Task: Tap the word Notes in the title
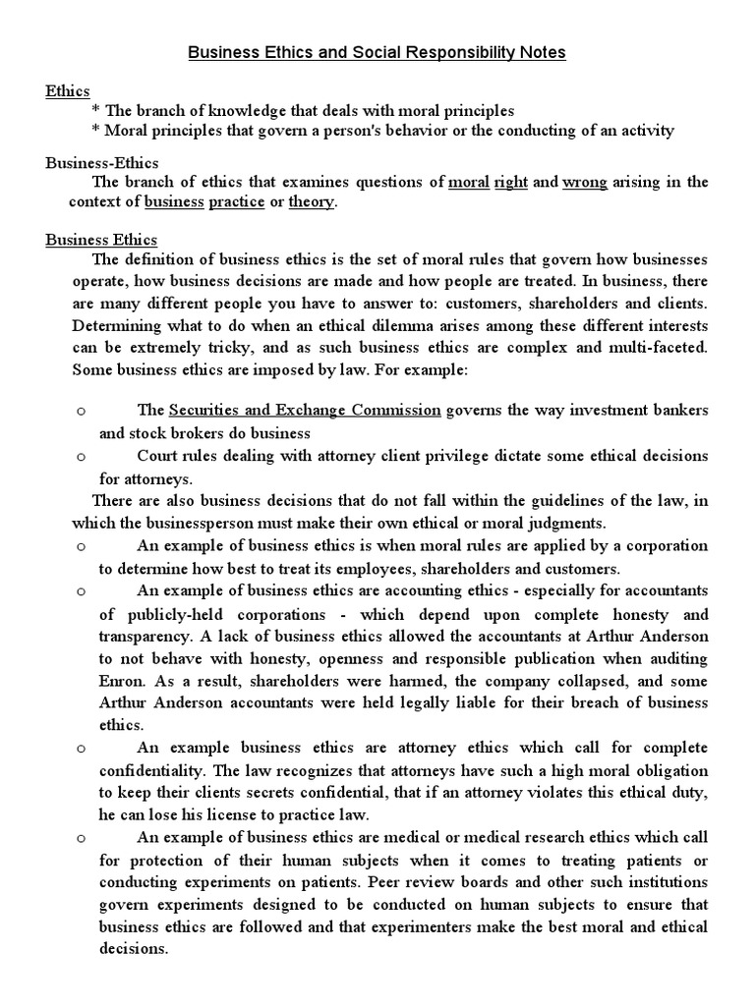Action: [541, 52]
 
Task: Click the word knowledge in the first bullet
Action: [231, 111]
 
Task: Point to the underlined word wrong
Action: [584, 182]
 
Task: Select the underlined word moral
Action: [468, 182]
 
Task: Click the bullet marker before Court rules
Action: [82, 457]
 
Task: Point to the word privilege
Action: [476, 457]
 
